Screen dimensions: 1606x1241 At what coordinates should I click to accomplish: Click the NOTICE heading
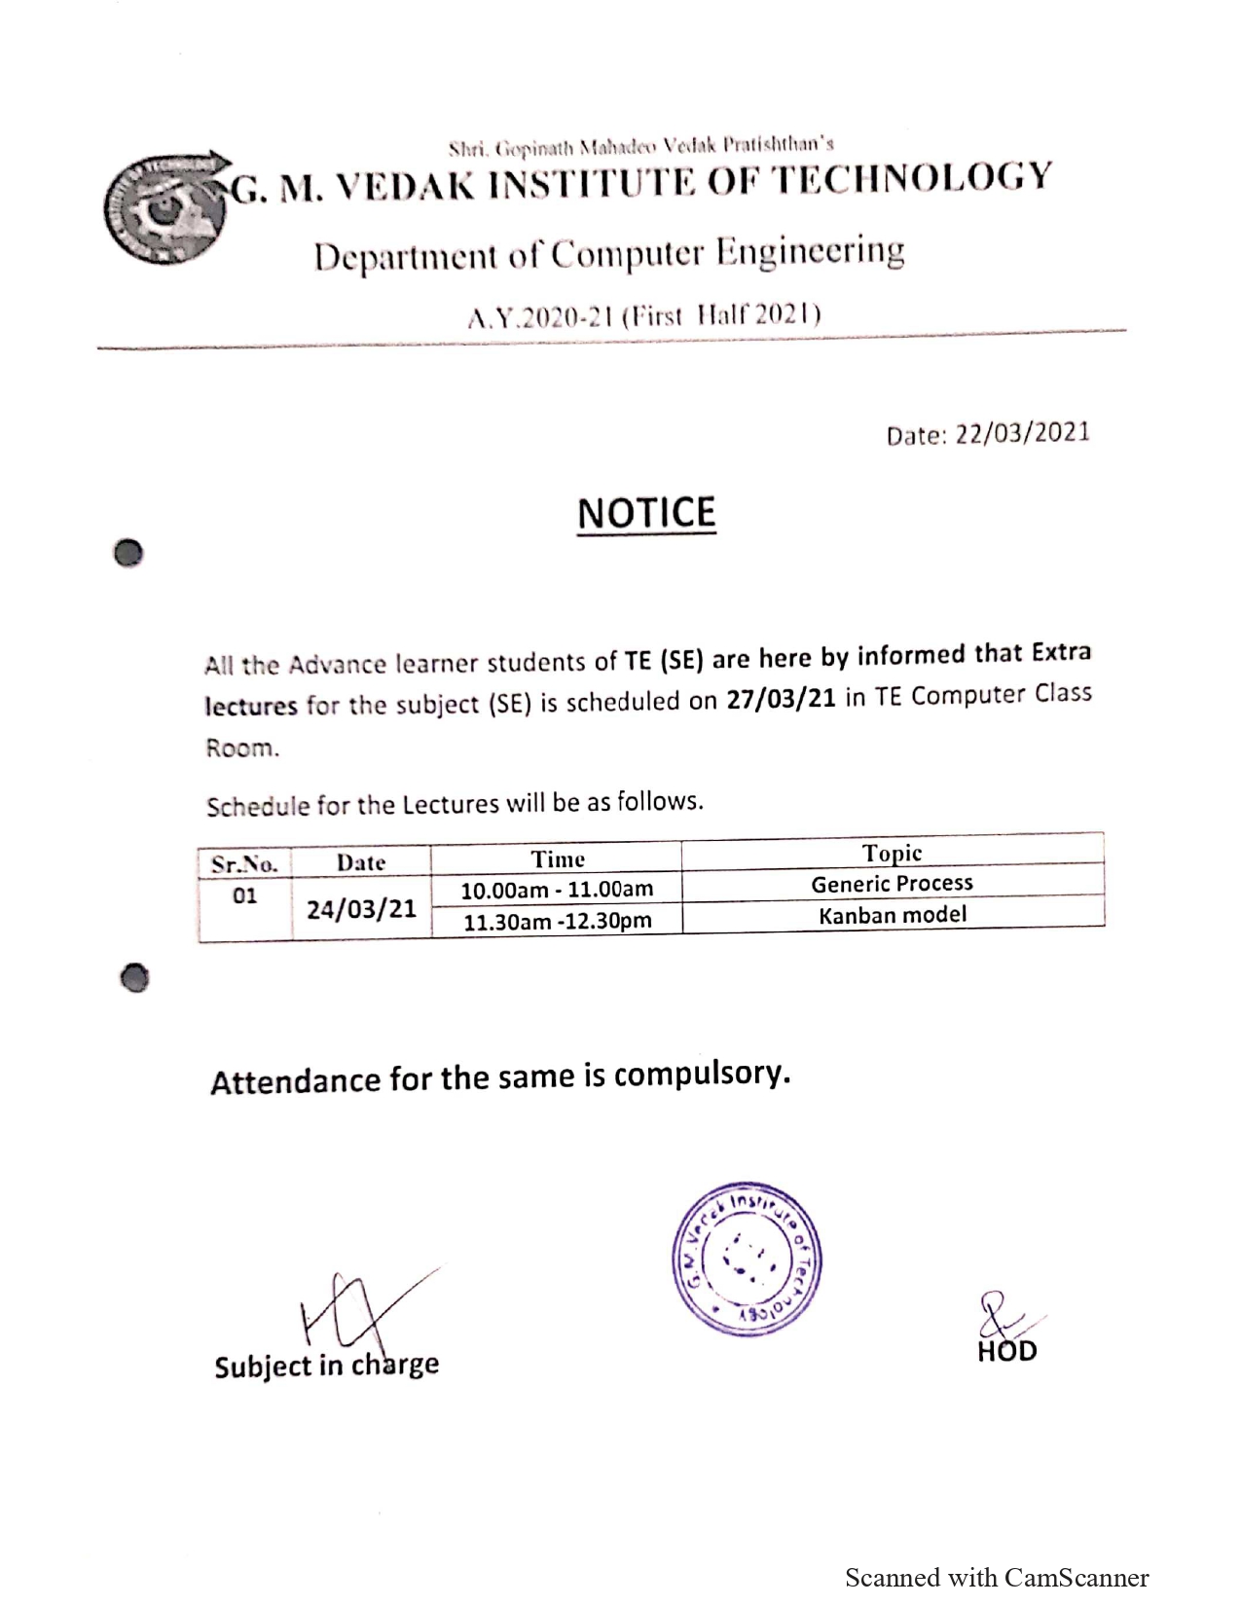[646, 513]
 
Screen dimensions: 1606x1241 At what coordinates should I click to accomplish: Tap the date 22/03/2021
[1022, 433]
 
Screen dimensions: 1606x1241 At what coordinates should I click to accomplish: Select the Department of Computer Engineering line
[609, 255]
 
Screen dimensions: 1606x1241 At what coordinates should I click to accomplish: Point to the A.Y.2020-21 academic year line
[644, 316]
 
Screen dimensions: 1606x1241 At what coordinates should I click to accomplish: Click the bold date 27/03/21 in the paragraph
[781, 700]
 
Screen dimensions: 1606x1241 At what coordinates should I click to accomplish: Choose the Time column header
[558, 859]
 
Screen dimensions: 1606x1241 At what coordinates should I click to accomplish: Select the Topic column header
[892, 853]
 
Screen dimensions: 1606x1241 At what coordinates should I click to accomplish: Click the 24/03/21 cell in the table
[361, 909]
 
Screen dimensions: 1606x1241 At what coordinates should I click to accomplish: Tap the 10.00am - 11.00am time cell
[557, 890]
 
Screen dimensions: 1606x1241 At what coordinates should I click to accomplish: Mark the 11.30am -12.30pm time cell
[557, 921]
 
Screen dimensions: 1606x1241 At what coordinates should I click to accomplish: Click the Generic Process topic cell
[892, 884]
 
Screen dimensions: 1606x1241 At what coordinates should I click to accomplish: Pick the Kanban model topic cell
[893, 915]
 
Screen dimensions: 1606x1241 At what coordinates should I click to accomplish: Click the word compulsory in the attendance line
[701, 1074]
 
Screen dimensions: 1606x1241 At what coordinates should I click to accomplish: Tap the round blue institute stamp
[747, 1259]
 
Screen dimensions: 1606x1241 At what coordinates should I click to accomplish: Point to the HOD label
[1007, 1351]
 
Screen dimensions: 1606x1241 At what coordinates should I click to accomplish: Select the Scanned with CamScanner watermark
[997, 1578]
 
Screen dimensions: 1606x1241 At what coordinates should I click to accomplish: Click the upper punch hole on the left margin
[128, 553]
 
